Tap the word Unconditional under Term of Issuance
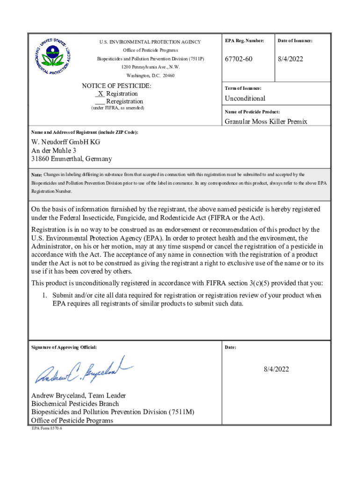click(245, 98)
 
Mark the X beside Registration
click(101, 94)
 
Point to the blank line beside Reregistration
click(99, 102)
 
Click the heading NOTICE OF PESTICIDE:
click(116, 86)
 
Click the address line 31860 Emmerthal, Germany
click(72, 159)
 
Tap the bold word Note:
click(36, 174)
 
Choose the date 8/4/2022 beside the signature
click(275, 369)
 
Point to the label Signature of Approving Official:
click(64, 348)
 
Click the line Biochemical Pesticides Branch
click(75, 403)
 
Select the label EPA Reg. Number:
click(245, 41)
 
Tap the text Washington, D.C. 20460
click(150, 75)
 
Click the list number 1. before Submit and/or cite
click(45, 296)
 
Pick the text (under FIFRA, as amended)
click(117, 108)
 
